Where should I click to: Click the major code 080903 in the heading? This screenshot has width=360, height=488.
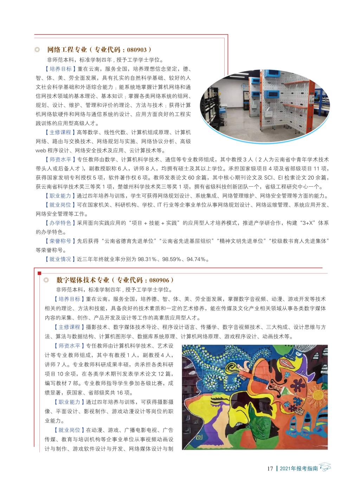pos(139,50)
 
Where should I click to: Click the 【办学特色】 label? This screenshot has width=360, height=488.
pos(58,223)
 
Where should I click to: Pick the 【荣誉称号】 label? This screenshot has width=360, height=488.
pos(58,241)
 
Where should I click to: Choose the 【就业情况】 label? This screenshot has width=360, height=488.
pos(58,259)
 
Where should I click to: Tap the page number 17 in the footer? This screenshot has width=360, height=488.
pos(270,468)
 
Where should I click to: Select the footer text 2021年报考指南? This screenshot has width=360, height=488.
pos(298,468)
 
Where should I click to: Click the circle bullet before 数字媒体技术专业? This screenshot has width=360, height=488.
pos(45,280)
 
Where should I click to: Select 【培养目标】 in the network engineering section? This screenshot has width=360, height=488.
pos(58,69)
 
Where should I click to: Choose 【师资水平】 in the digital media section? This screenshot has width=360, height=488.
pos(67,346)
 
